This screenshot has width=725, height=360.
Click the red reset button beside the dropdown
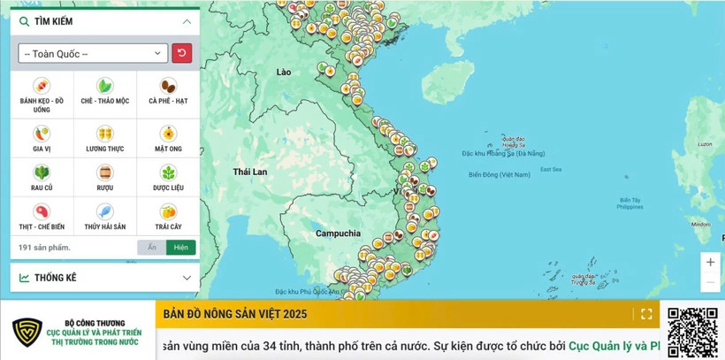[181, 53]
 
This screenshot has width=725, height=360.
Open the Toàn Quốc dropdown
[93, 53]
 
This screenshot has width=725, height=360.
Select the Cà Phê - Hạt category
[168, 87]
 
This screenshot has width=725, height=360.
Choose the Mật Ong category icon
[168, 134]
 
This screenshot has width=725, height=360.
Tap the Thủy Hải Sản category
[104, 212]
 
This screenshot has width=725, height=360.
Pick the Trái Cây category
[168, 212]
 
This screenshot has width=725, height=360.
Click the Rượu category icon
[104, 173]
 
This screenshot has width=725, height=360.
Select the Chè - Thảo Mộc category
[104, 87]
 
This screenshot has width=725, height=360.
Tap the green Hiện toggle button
[181, 248]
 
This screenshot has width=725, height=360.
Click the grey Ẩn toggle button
[151, 248]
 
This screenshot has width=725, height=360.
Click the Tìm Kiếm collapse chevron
[187, 21]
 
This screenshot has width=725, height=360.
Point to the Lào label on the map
[283, 72]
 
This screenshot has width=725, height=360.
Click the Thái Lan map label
[249, 172]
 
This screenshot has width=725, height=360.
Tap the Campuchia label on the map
[339, 234]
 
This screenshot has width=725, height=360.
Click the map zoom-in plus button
[710, 263]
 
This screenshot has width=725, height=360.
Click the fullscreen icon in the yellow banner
[646, 314]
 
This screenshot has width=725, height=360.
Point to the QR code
[692, 332]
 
